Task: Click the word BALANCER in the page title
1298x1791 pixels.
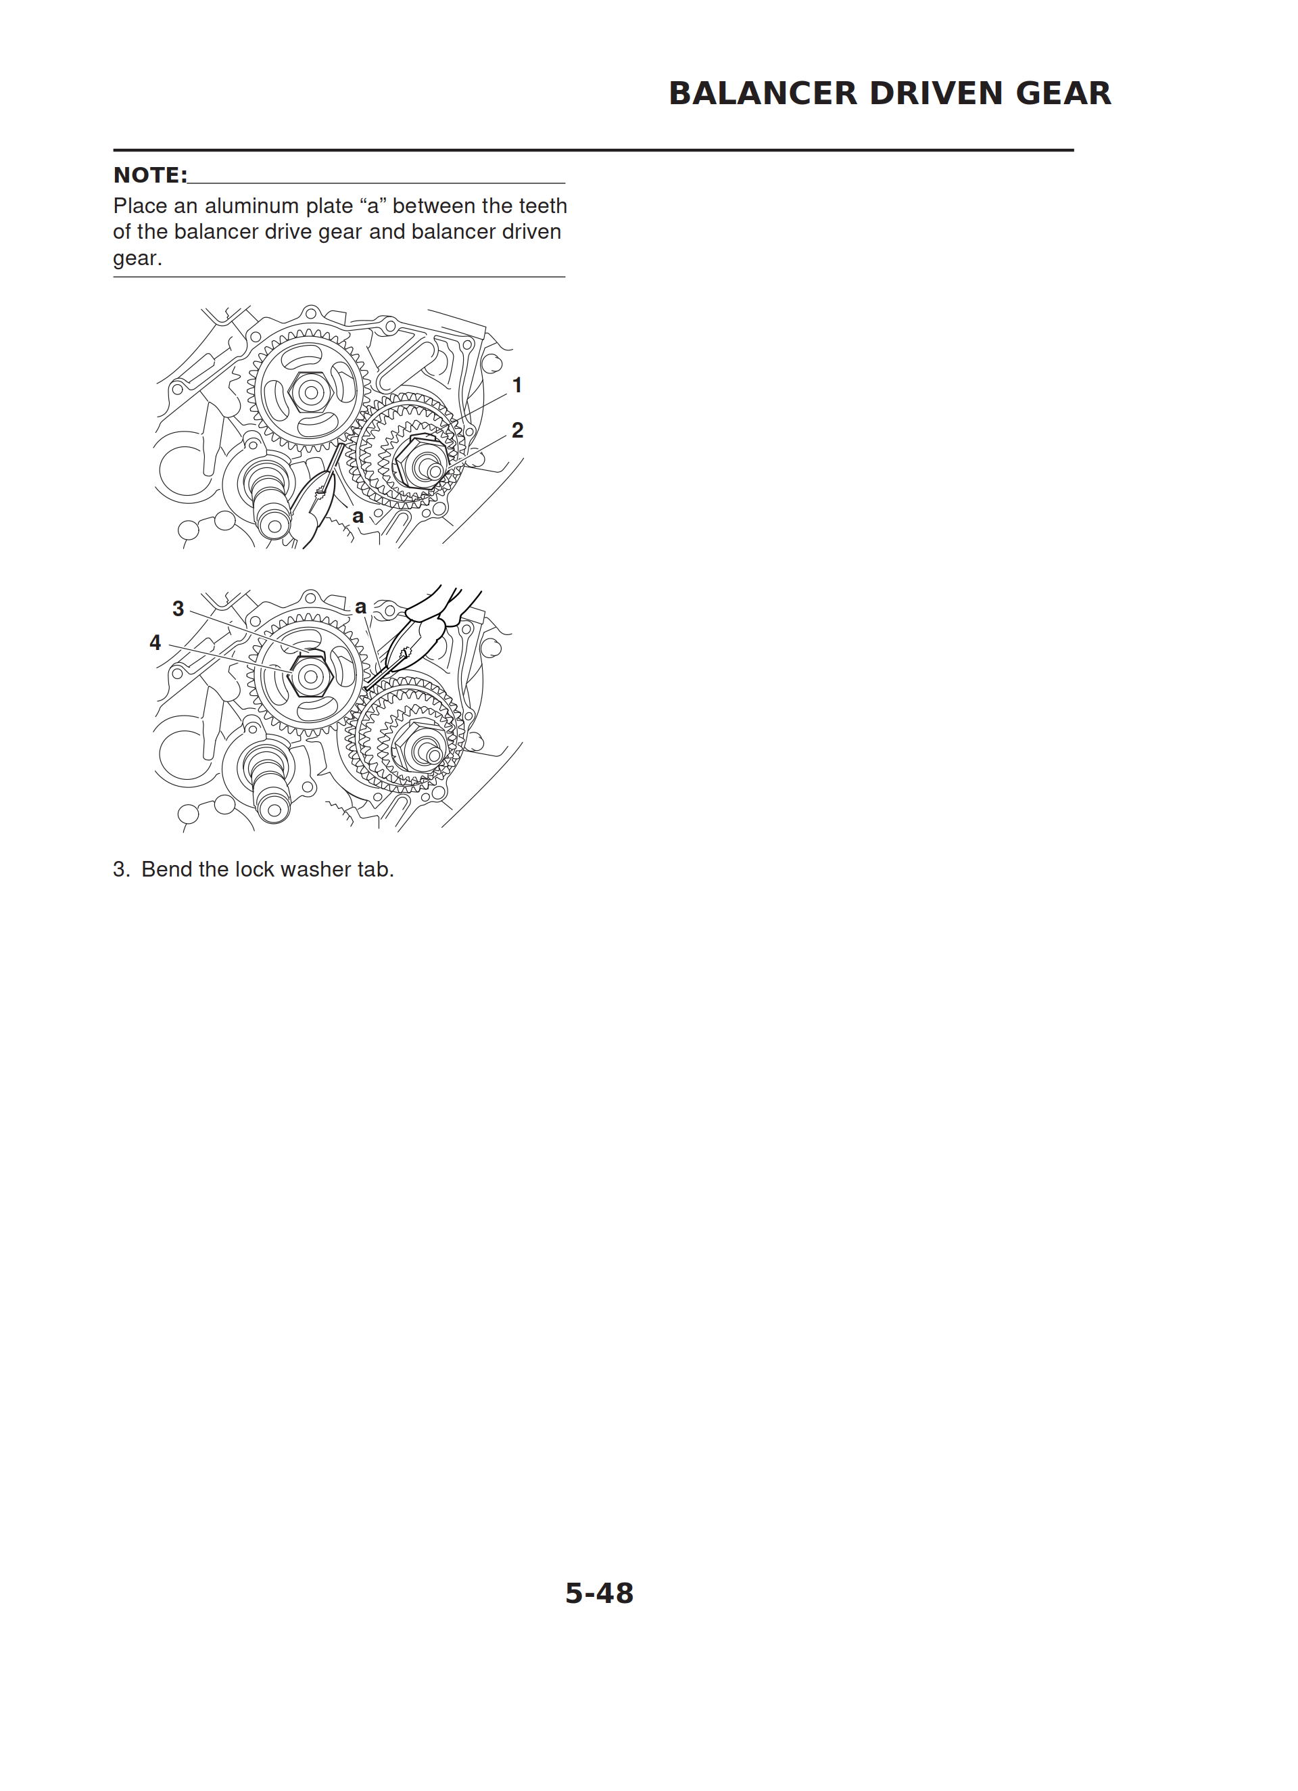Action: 763,93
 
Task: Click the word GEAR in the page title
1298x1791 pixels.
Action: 1063,93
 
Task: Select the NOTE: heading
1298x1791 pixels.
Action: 151,175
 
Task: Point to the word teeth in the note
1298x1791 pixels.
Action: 542,206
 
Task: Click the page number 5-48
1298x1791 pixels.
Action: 599,1593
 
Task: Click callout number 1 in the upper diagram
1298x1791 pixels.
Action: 517,386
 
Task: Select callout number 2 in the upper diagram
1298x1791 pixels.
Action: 517,430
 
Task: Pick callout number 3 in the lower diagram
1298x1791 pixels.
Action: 178,609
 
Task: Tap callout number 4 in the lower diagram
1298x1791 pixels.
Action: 155,643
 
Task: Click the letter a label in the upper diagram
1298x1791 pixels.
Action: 358,517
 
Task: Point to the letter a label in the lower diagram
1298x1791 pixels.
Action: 361,607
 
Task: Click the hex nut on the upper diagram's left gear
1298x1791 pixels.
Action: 310,392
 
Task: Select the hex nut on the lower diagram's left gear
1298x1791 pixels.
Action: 310,676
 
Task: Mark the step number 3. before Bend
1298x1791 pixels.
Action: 122,869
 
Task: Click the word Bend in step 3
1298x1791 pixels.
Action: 166,869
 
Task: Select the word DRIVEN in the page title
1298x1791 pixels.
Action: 936,93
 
